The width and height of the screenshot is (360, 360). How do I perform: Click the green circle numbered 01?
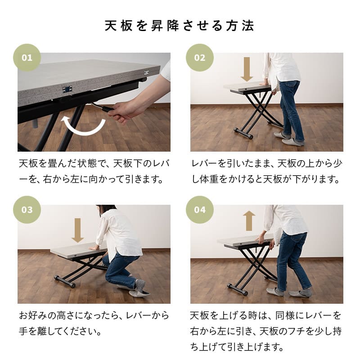pos(27,58)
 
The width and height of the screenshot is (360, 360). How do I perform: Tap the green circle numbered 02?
pos(200,58)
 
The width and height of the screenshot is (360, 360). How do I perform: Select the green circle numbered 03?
pos(27,210)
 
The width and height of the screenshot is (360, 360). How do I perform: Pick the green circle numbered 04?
pos(200,210)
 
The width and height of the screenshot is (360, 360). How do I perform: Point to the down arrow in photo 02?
pos(247,69)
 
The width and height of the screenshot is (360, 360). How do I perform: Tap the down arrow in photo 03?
pos(78,230)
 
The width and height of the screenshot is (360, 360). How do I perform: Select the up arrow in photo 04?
pos(249,221)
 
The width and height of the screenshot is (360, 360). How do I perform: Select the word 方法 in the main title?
pos(243,26)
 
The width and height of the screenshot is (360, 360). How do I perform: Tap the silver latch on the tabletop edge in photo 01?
pos(67,89)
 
